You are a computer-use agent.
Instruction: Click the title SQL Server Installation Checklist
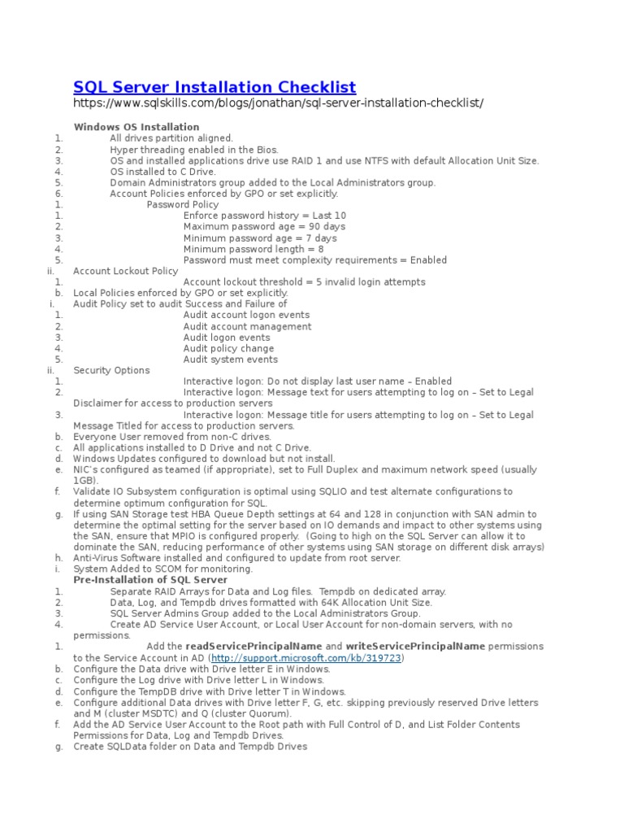coord(214,87)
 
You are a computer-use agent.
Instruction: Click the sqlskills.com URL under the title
coord(278,103)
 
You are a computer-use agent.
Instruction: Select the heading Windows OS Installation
coord(136,127)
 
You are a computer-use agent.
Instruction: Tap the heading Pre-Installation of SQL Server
coord(150,580)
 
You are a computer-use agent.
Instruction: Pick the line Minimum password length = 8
coord(253,249)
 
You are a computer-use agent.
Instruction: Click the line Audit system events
coord(230,360)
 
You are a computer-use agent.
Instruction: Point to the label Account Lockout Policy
coord(125,271)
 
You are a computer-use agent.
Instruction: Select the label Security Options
coord(111,370)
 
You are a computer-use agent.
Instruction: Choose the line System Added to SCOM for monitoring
coord(151,569)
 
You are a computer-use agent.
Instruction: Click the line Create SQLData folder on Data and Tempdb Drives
coord(190,746)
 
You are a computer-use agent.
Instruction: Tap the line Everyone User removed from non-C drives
coord(171,437)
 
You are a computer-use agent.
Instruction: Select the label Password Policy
coord(182,205)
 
